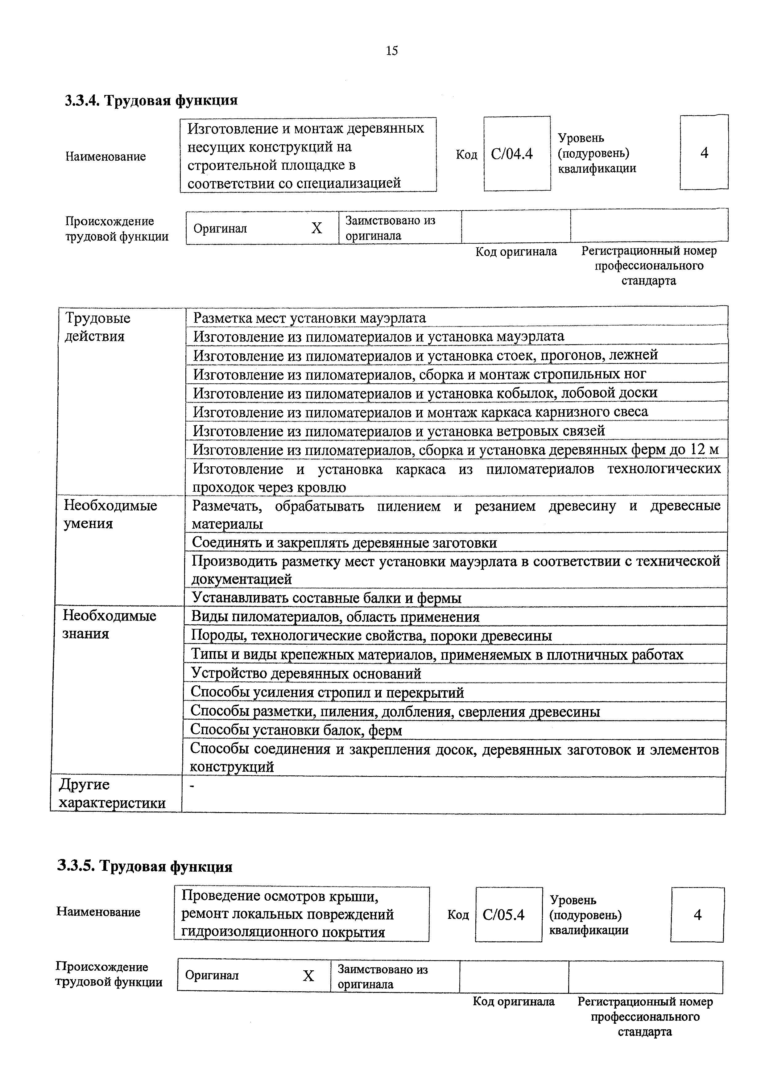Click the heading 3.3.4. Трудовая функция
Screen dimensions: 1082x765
151,100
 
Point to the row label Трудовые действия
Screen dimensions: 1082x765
97,327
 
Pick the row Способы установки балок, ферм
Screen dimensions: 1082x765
296,730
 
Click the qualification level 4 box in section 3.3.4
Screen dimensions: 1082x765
704,153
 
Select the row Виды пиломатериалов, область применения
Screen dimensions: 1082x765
335,617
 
